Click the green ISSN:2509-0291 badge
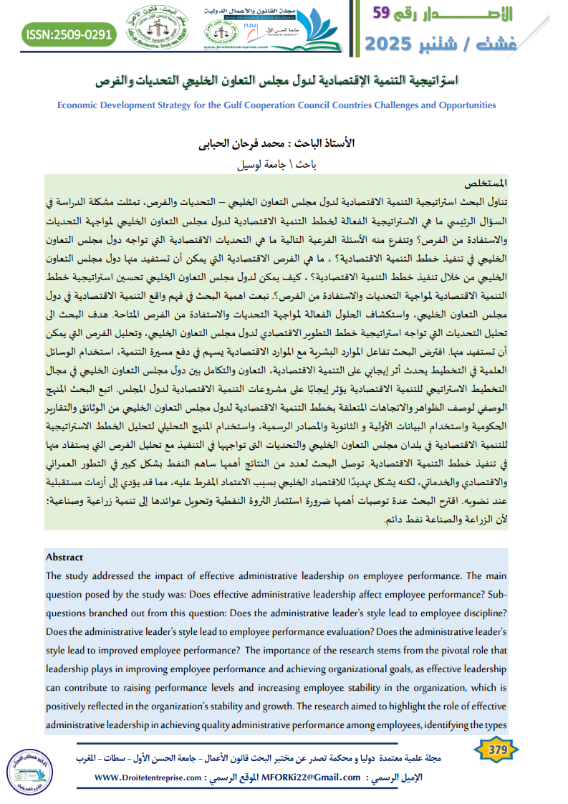[x=69, y=34]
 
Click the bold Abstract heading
[x=64, y=557]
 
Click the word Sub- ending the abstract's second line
[x=497, y=594]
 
